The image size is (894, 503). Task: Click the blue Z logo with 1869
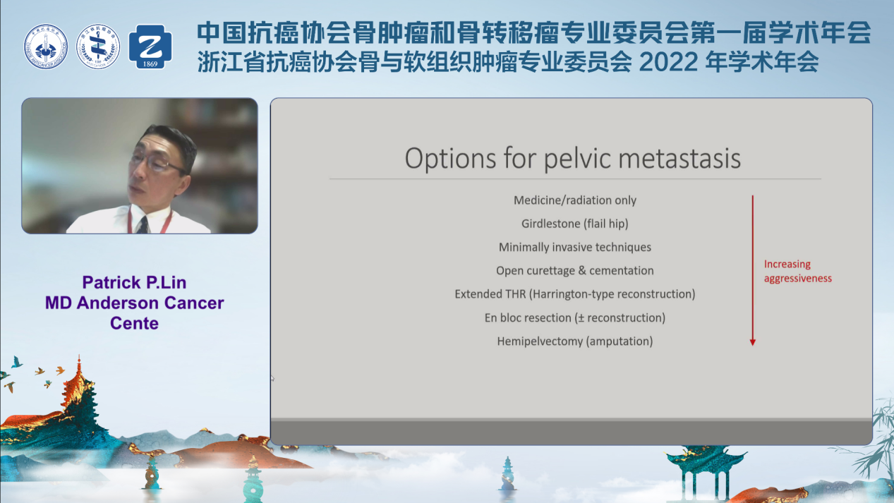(150, 47)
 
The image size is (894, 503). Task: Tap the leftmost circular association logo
(45, 47)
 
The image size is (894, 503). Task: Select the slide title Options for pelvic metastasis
(573, 159)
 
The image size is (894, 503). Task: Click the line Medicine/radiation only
(574, 200)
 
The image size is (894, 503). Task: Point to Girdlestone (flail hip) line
(574, 224)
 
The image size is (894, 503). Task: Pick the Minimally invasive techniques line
(574, 248)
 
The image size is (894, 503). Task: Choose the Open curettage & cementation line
(574, 271)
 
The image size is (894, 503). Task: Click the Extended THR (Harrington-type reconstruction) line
(574, 294)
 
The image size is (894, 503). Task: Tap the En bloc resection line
(574, 318)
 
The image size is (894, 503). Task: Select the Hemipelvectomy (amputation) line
(574, 341)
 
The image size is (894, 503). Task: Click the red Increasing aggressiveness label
(797, 271)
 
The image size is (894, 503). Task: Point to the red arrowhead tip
(753, 346)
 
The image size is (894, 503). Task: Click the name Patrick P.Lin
(134, 282)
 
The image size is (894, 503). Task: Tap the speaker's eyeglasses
(158, 163)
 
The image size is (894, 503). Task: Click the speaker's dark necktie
(143, 224)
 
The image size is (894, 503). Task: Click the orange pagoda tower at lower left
(78, 399)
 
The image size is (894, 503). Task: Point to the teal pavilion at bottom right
(704, 471)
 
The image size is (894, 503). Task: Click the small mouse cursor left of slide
(272, 377)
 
